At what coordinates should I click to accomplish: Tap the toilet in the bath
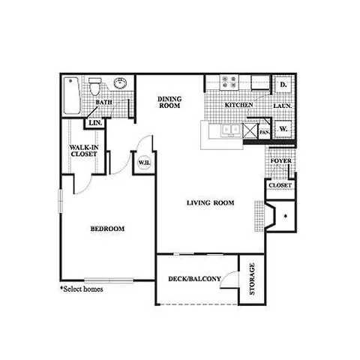tap(94, 87)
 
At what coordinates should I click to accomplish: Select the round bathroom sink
tap(118, 83)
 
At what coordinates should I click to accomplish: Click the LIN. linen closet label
tap(95, 123)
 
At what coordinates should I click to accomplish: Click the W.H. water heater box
tap(142, 160)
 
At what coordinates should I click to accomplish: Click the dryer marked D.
tap(283, 85)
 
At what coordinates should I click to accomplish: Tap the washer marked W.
tap(283, 129)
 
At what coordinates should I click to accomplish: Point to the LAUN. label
tap(283, 106)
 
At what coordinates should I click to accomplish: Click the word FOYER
tap(280, 159)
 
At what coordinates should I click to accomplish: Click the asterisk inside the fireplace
tap(286, 216)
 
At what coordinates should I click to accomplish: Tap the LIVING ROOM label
tap(211, 202)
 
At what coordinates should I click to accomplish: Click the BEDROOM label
tap(106, 229)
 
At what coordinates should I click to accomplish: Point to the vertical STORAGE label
tap(252, 280)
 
